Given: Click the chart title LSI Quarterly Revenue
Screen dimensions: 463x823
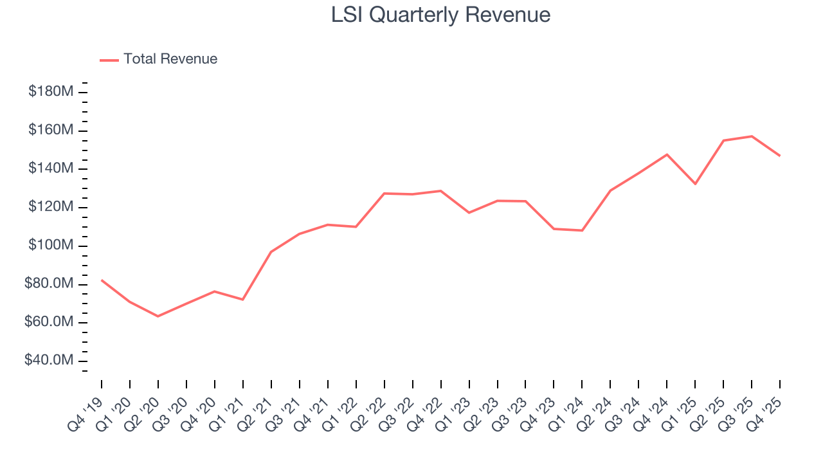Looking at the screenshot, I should coord(440,15).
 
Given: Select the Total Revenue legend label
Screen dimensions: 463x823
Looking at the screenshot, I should coord(170,59).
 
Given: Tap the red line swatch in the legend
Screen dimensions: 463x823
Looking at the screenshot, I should coord(109,60).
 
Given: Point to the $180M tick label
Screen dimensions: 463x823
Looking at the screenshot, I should coord(50,92).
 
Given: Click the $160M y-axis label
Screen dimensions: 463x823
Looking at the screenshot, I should coord(50,131).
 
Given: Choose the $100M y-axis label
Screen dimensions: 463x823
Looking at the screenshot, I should coord(50,246).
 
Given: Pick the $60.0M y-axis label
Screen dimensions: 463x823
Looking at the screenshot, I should coord(49,322).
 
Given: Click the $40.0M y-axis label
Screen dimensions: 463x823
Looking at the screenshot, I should coord(49,361).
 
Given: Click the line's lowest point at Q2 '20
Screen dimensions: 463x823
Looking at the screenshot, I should coord(158,316).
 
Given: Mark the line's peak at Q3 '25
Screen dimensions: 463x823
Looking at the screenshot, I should coord(752,136).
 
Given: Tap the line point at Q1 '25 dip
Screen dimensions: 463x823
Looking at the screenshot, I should coord(695,184).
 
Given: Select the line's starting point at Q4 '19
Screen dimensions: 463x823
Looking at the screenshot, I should coord(102,280).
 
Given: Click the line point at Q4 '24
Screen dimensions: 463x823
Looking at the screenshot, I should coord(667,154).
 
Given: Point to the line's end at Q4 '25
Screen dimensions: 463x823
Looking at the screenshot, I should coord(780,156).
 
